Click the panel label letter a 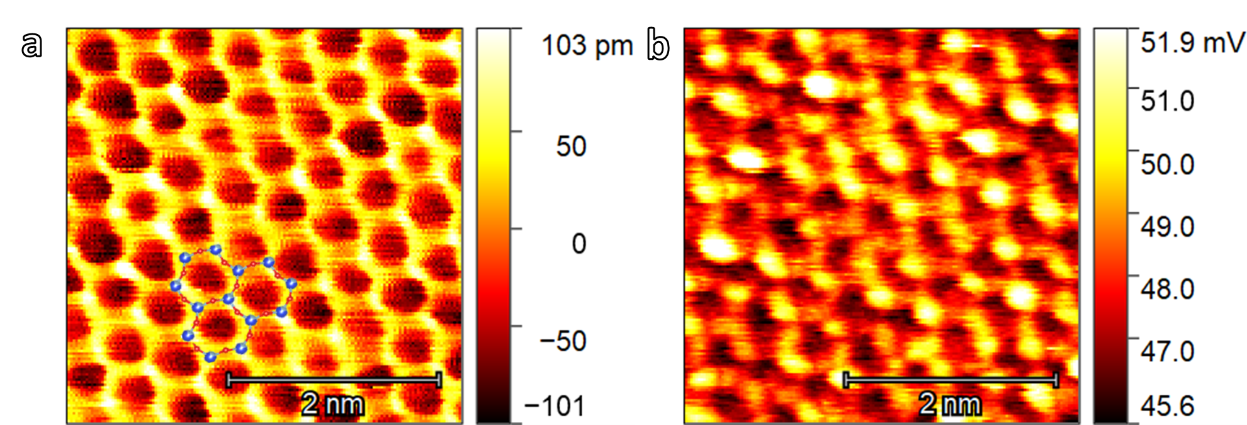pos(32,44)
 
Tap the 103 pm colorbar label pos(587,46)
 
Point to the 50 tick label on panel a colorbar pos(571,147)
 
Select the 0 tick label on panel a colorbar pos(578,244)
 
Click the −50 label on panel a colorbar pos(563,341)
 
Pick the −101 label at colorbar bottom pos(555,406)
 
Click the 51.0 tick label pos(1167,101)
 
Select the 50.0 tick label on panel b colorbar pos(1167,164)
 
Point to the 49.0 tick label pos(1167,227)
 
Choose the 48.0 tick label pos(1167,289)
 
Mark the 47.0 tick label pos(1167,351)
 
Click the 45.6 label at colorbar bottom pos(1167,406)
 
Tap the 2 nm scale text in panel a pos(332,404)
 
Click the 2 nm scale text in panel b pos(950,404)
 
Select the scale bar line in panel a pos(334,380)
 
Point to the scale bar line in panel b pos(951,380)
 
